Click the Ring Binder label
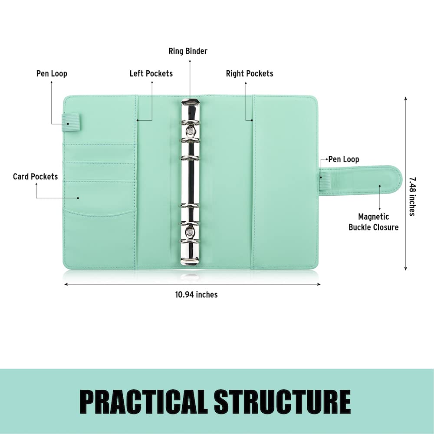tap(188, 51)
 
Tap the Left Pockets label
tap(151, 73)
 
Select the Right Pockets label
tap(250, 73)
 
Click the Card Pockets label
tap(35, 177)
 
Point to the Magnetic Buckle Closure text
tap(373, 222)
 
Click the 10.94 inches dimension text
tap(196, 295)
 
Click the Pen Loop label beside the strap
tap(343, 159)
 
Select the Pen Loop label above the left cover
tap(52, 73)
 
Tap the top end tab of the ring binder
tap(190, 103)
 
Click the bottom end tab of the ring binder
tap(190, 260)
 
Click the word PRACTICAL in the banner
tap(143, 401)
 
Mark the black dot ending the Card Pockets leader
tap(78, 198)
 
